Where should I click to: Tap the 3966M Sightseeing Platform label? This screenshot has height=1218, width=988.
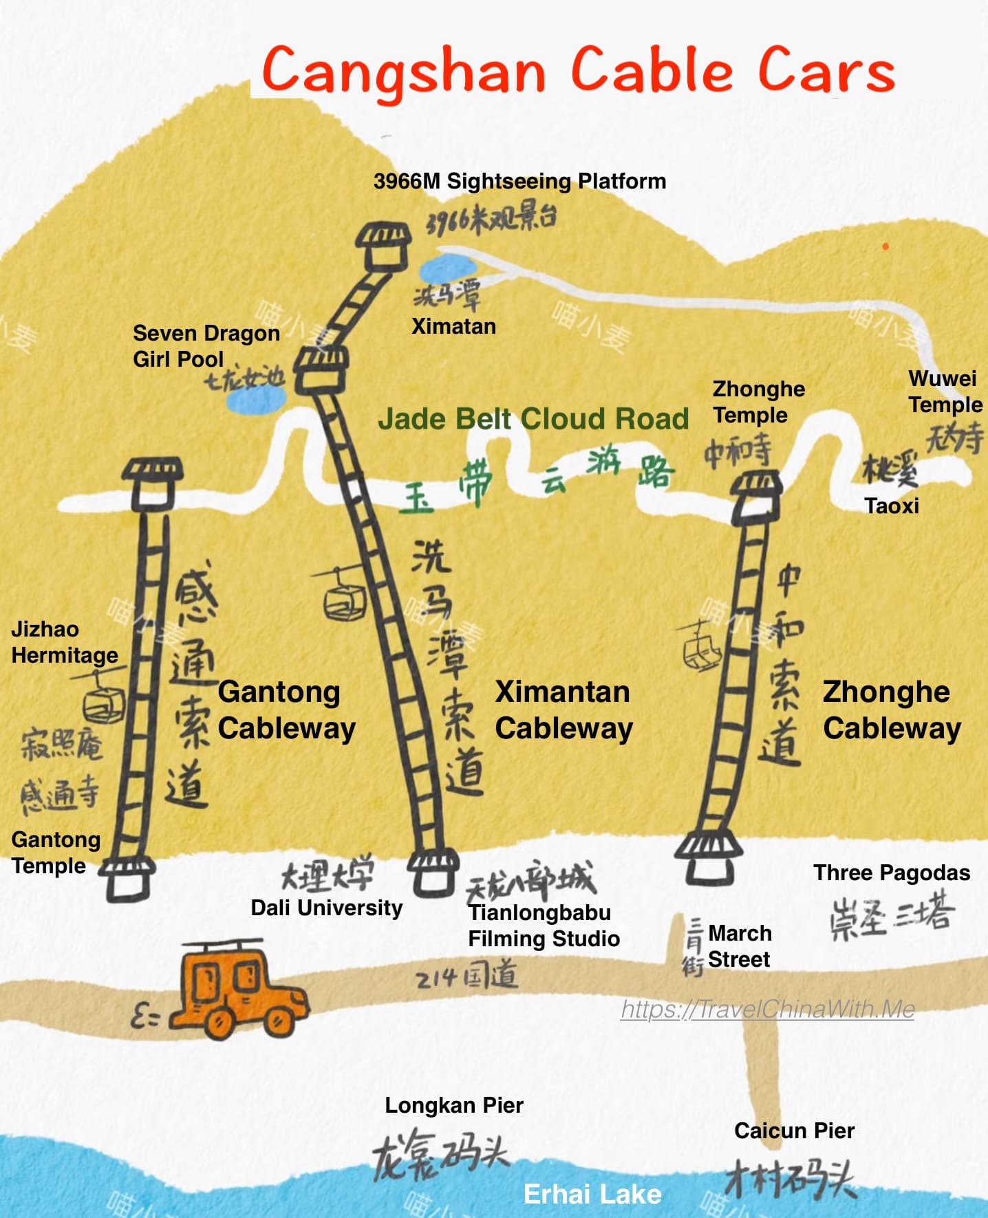(519, 182)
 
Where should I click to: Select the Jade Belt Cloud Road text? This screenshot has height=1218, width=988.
(533, 418)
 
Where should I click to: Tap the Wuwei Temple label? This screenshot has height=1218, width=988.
(945, 392)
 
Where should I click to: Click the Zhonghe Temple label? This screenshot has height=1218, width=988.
(758, 402)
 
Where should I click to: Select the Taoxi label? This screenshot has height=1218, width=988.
(891, 506)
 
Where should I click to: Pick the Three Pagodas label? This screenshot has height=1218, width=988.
(891, 873)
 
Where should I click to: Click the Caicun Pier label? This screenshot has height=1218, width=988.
(794, 1131)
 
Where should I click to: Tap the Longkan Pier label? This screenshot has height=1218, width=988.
(453, 1105)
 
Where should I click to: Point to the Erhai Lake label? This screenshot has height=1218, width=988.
(592, 1194)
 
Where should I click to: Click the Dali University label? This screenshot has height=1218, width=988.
(326, 908)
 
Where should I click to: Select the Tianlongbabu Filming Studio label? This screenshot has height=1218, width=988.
(544, 926)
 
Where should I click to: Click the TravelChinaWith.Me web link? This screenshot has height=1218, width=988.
(767, 1009)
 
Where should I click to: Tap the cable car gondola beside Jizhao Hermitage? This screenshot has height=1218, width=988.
(103, 702)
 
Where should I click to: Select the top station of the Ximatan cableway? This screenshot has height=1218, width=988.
(383, 246)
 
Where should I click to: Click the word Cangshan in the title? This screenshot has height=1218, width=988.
(404, 71)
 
